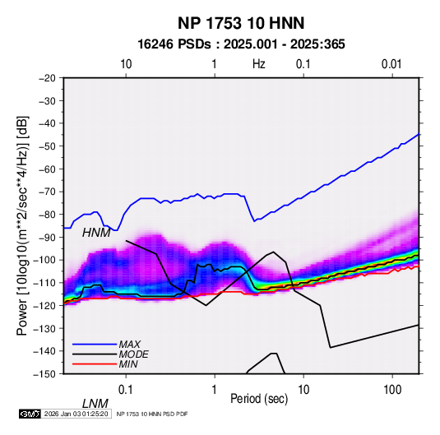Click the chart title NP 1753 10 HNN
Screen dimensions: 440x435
[241, 23]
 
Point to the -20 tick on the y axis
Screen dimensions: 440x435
[47, 78]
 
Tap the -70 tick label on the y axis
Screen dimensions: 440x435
[47, 192]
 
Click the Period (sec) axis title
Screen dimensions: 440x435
[259, 399]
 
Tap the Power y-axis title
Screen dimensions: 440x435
[22, 226]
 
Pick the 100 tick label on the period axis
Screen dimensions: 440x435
[392, 390]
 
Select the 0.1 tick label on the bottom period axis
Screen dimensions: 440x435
[126, 390]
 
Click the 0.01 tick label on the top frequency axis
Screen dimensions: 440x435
[391, 64]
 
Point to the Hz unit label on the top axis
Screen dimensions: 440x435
[259, 64]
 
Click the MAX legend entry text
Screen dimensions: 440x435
[130, 344]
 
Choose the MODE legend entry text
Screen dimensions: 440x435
[133, 354]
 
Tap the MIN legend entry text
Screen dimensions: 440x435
[128, 364]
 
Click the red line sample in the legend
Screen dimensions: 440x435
[95, 364]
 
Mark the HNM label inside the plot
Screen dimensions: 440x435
[96, 233]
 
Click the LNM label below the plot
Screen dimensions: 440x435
[95, 404]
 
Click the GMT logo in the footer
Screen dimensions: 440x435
[30, 414]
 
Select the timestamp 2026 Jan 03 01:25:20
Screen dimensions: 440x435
[76, 414]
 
